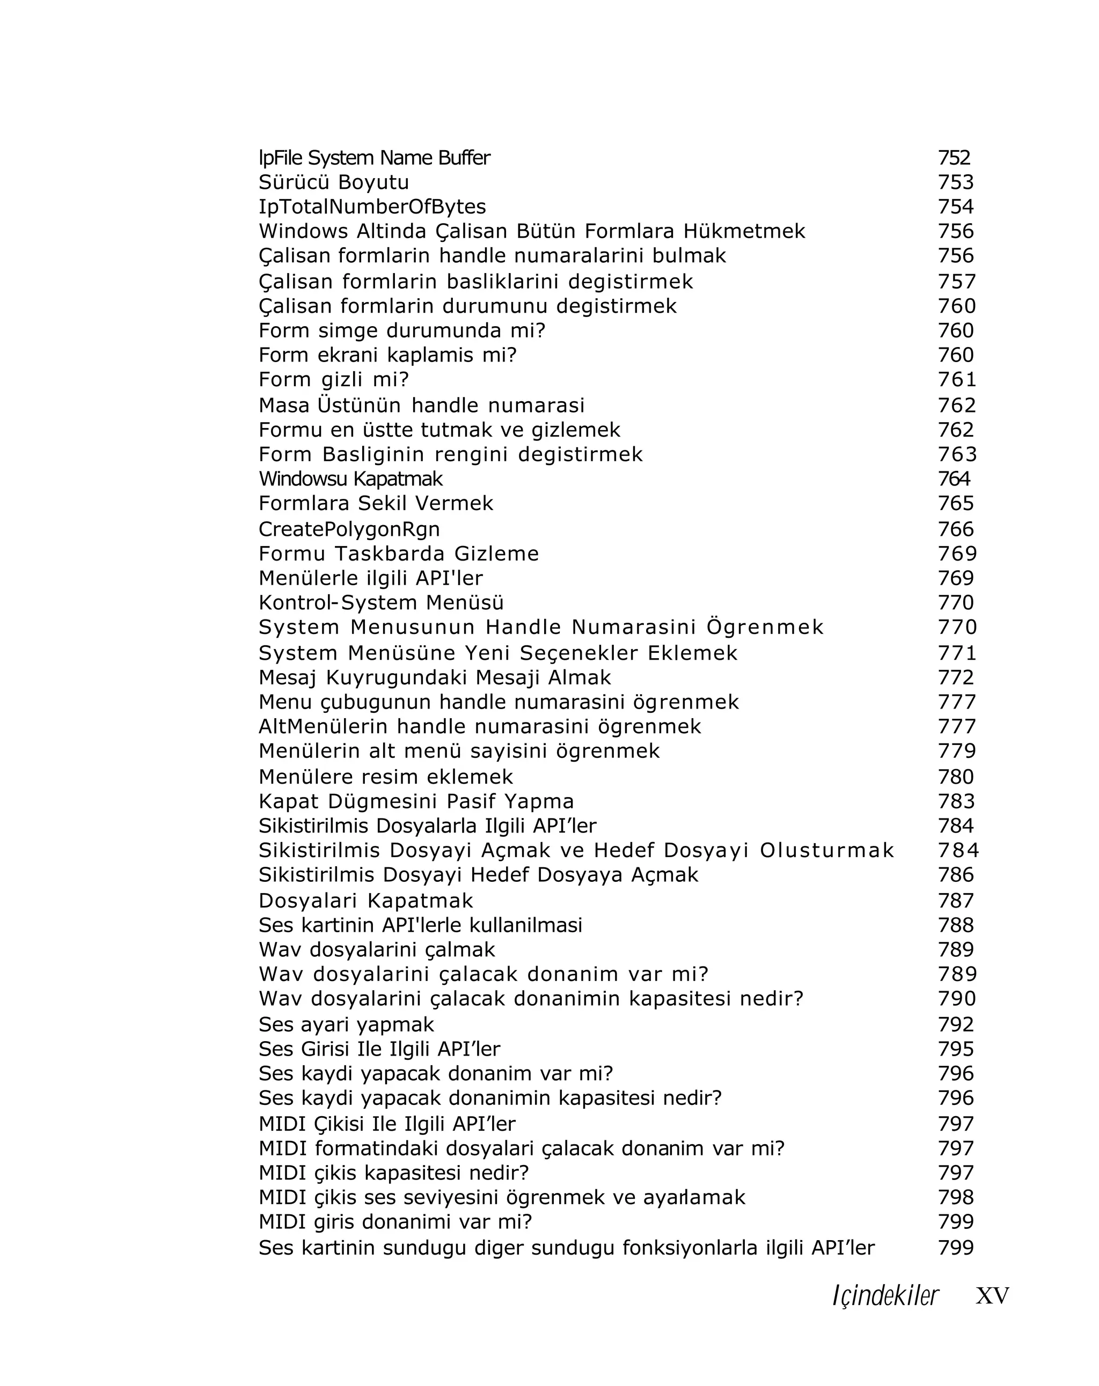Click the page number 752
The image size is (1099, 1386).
(x=954, y=158)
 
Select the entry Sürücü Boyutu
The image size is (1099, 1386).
(x=333, y=182)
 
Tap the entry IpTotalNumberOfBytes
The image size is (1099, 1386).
(x=372, y=207)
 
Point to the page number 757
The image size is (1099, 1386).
(x=956, y=281)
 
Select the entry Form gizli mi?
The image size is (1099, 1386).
(x=333, y=379)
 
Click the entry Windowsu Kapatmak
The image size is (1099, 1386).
(x=350, y=478)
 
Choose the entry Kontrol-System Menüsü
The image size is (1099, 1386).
(x=380, y=602)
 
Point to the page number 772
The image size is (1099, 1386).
(x=956, y=677)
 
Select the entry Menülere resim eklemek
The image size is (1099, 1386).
(x=386, y=777)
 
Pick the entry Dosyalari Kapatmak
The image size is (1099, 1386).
(x=365, y=900)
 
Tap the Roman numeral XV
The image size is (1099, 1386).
(x=992, y=1296)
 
